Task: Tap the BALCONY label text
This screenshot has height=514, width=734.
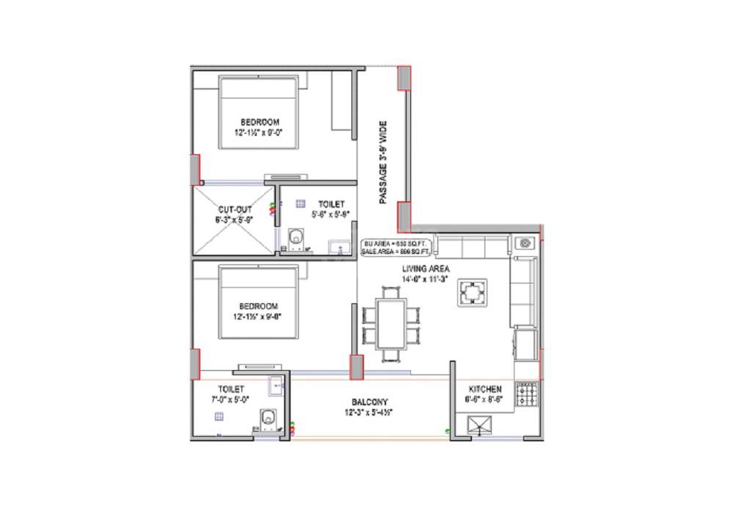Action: pyautogui.click(x=369, y=402)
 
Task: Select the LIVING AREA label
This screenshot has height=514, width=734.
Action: pyautogui.click(x=425, y=269)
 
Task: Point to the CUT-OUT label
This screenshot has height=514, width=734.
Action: pyautogui.click(x=234, y=209)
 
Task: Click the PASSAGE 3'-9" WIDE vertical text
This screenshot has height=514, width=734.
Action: pyautogui.click(x=382, y=163)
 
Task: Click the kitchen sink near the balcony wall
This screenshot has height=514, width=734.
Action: pyautogui.click(x=481, y=424)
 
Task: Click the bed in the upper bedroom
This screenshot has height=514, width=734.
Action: pyautogui.click(x=259, y=114)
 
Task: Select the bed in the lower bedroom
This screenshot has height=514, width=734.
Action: pyautogui.click(x=259, y=303)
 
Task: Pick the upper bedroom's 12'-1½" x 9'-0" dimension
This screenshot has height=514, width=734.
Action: pyautogui.click(x=259, y=132)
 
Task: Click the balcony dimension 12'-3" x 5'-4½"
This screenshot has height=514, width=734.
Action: pyautogui.click(x=369, y=413)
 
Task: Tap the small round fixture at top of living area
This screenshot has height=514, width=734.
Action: pyautogui.click(x=526, y=243)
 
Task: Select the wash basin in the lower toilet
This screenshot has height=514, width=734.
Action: pyautogui.click(x=276, y=383)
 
